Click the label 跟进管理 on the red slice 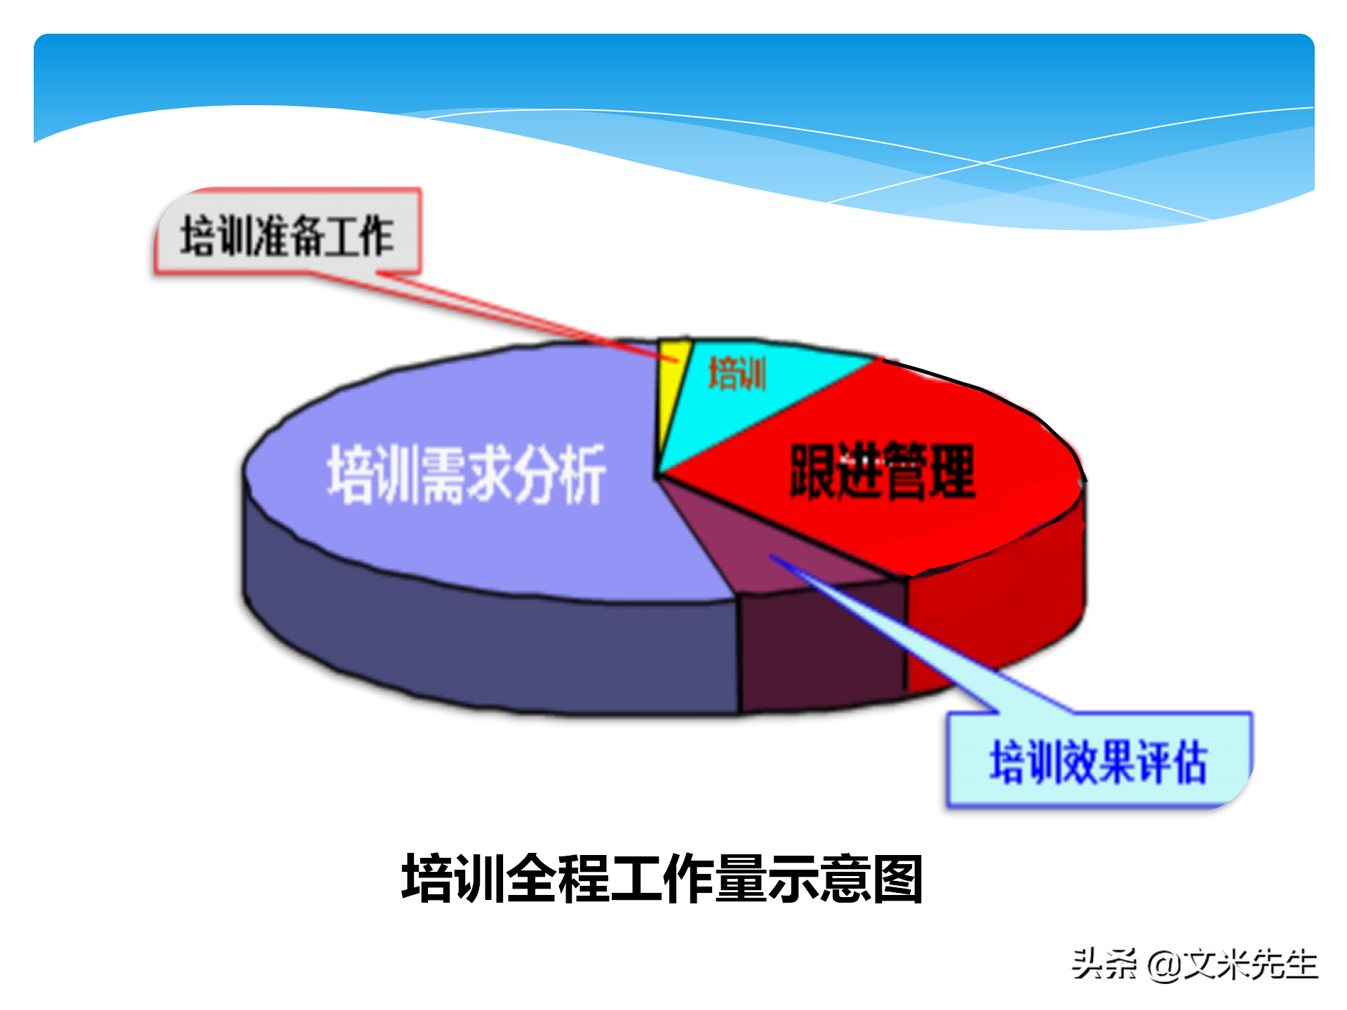(882, 472)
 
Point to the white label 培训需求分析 (466, 474)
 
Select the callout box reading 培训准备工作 (288, 234)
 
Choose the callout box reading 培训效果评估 (1099, 762)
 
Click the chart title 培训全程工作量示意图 (662, 879)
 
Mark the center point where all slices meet (656, 477)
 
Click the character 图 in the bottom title (897, 879)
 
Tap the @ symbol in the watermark (1163, 965)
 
